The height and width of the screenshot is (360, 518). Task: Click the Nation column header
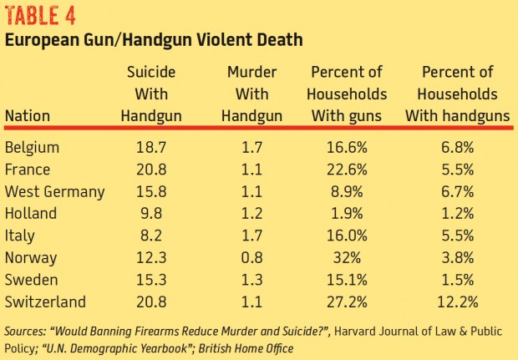click(x=27, y=116)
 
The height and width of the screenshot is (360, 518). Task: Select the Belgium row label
click(x=32, y=148)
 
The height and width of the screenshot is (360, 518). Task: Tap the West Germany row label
click(x=54, y=191)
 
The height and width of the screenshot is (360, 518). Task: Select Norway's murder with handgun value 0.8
click(x=246, y=256)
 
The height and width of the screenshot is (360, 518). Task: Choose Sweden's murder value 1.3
click(x=246, y=278)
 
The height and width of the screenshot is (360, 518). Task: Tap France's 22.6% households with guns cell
click(x=348, y=170)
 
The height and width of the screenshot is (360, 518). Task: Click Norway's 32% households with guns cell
click(x=348, y=256)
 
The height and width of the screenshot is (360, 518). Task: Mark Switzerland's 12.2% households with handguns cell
click(x=458, y=300)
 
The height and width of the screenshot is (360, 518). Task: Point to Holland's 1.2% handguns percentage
click(x=458, y=213)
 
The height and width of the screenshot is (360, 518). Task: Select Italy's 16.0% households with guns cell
click(x=348, y=235)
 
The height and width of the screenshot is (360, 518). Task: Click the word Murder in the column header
click(x=246, y=73)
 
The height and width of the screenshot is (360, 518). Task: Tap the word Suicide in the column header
click(x=152, y=73)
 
